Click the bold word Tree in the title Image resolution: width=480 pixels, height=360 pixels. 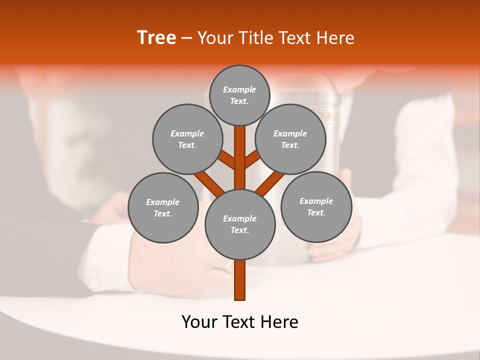pos(156,38)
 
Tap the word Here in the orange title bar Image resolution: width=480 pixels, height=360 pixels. pos(335,38)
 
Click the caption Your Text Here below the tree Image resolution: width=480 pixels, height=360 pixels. pos(240,322)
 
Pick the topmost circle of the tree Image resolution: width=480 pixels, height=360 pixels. pos(239,95)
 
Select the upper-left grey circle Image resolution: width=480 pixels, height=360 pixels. pos(187,139)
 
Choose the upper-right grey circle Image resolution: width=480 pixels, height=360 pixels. pos(290,139)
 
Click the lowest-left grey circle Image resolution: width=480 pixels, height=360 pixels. pos(163,207)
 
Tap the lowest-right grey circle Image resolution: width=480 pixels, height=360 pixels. pos(316,206)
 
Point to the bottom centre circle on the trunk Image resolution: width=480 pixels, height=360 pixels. pos(240,224)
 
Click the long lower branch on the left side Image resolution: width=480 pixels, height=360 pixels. pos(209,183)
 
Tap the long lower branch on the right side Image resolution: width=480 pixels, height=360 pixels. pos(269,183)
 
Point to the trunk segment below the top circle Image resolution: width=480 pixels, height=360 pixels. pos(240,150)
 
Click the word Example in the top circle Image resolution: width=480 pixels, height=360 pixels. pos(239,89)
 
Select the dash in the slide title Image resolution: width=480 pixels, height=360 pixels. pos(187,38)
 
